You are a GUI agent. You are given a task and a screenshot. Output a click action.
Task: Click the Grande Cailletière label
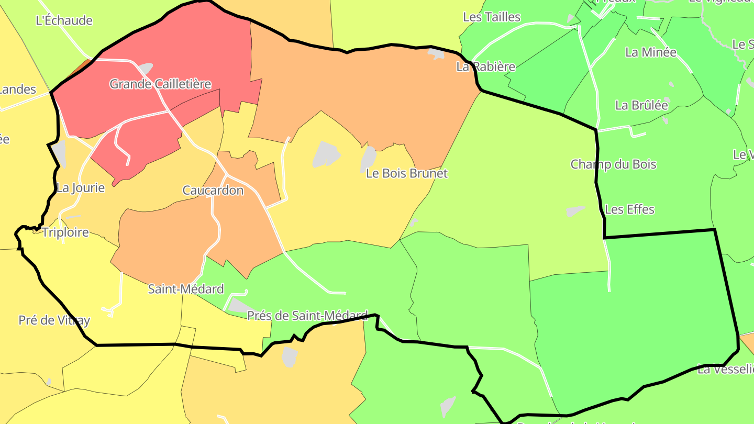(x=160, y=84)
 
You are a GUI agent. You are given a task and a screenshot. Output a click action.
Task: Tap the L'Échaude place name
(x=64, y=21)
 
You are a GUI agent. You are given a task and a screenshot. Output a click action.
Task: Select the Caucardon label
(x=213, y=191)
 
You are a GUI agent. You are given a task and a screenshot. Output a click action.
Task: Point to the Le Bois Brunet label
(x=407, y=173)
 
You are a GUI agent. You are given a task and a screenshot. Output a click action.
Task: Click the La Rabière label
(x=486, y=66)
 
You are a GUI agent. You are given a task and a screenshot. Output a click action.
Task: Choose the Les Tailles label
(x=492, y=17)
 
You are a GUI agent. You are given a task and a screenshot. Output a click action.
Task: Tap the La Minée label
(x=651, y=52)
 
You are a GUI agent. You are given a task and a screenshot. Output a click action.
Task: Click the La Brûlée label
(x=641, y=105)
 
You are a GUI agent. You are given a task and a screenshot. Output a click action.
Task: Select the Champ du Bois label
(x=613, y=164)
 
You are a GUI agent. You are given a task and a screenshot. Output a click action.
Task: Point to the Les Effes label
(x=629, y=209)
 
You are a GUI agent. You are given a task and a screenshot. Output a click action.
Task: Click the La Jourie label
(x=81, y=188)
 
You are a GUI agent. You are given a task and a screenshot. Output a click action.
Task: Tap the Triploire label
(x=65, y=232)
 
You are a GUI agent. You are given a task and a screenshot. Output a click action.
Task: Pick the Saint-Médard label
(x=186, y=289)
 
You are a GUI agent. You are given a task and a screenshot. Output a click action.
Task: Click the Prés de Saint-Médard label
(x=307, y=316)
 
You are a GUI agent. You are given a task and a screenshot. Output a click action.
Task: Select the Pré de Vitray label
(x=54, y=320)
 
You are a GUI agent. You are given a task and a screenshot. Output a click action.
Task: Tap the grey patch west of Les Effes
(x=574, y=211)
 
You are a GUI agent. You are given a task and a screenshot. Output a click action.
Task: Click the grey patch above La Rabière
(x=436, y=53)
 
